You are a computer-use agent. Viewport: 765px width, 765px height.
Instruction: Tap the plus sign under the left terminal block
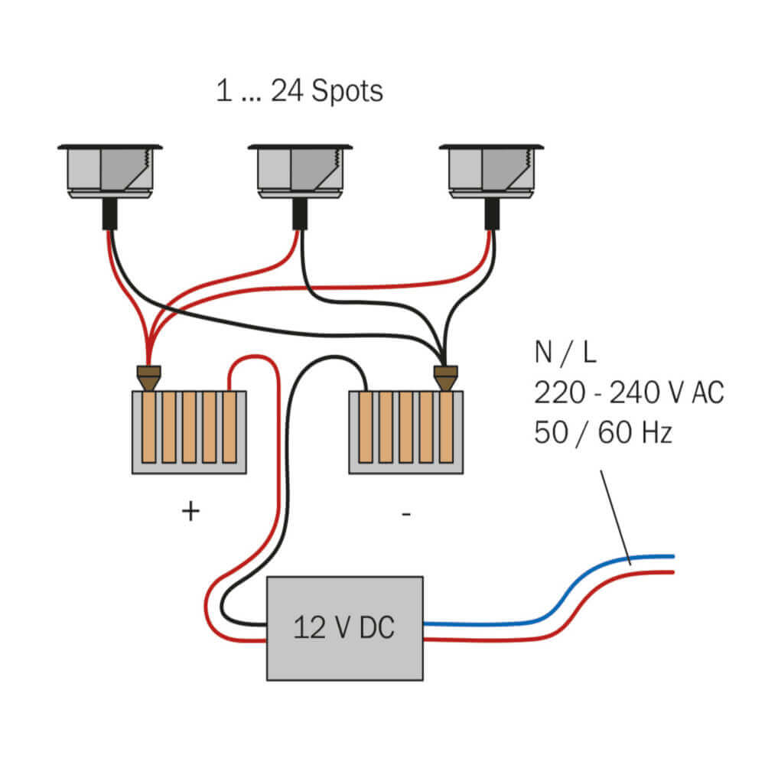(190, 511)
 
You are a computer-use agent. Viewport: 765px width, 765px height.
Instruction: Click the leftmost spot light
(110, 171)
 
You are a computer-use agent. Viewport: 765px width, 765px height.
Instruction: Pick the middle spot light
(300, 171)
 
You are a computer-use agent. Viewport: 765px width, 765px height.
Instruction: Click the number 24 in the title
(287, 91)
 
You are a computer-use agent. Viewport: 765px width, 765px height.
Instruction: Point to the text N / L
(565, 353)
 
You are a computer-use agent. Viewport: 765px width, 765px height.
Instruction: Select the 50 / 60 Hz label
(603, 433)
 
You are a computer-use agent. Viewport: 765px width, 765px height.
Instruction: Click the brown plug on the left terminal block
(148, 377)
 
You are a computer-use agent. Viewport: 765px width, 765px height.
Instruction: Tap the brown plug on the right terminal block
(446, 377)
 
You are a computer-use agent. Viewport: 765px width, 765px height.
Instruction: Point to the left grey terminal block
(189, 431)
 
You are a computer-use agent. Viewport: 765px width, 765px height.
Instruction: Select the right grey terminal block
(405, 431)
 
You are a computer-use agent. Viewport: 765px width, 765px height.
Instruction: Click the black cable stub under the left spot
(110, 214)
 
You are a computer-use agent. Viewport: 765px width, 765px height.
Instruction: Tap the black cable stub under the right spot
(491, 214)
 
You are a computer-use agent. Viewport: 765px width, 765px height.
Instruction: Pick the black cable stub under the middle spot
(300, 214)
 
